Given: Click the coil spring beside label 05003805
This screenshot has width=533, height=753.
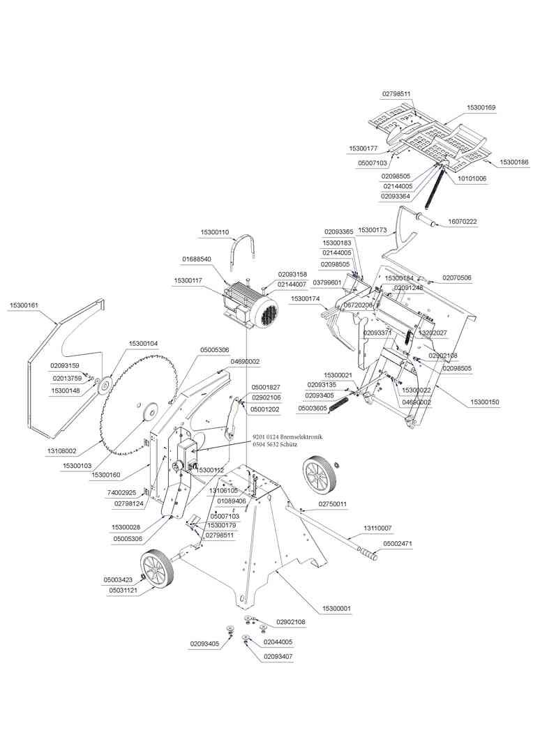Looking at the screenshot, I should (337, 405).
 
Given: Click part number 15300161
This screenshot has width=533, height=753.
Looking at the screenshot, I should (24, 305).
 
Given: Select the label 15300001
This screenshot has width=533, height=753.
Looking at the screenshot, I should (336, 609).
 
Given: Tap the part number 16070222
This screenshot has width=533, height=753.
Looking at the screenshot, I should (462, 221).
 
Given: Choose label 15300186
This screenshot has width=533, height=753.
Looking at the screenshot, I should (513, 162).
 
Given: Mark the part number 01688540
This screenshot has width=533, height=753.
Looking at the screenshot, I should (197, 259).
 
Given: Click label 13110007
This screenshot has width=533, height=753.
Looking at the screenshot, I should (377, 528).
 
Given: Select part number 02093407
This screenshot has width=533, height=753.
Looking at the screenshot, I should (278, 657).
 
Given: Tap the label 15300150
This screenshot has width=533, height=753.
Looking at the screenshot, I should (485, 402).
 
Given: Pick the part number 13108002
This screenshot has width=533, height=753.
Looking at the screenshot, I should (62, 451).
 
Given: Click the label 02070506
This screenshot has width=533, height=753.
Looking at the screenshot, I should (457, 277).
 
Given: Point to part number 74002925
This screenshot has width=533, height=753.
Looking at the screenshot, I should (121, 492).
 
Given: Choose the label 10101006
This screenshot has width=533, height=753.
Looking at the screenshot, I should (472, 178).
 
